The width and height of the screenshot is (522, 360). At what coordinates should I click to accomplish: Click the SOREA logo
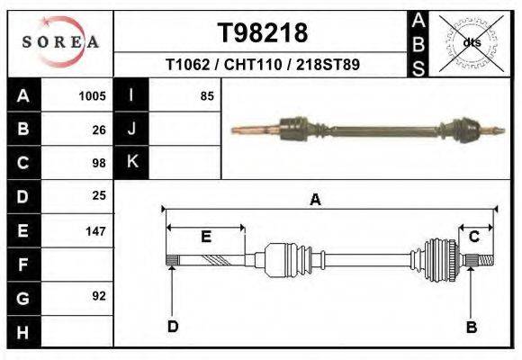point(60,41)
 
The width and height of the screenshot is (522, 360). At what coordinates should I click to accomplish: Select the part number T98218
point(263,33)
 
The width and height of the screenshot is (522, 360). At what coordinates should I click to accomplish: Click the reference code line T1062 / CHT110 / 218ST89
point(263,66)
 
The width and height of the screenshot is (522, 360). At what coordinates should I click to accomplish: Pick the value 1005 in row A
point(93,96)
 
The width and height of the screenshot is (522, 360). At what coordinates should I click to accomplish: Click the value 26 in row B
point(99,130)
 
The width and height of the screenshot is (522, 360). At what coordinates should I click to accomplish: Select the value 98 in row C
point(99,163)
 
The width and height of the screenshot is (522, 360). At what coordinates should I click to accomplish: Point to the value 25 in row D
point(99,195)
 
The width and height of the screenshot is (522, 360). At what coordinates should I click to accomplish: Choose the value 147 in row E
point(95,230)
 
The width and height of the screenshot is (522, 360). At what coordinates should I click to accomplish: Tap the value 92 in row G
point(99,296)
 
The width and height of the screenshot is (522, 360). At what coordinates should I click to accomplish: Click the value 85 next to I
point(207,96)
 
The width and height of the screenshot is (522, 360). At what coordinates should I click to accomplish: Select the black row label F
point(23,265)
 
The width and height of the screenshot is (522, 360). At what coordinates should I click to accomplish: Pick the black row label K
point(131,162)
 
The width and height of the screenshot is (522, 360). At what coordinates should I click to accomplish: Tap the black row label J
point(131,129)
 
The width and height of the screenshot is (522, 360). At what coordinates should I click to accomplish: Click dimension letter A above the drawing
point(315,200)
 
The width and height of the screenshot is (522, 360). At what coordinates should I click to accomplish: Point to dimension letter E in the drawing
point(205,237)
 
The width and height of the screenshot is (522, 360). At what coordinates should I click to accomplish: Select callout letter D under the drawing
point(172,327)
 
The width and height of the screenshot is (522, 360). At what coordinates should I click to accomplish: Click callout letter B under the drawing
point(470,327)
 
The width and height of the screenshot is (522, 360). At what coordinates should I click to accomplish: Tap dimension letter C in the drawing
point(473,236)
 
